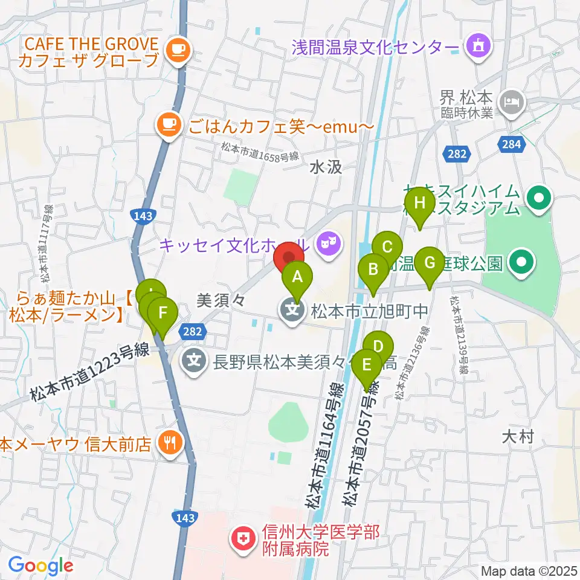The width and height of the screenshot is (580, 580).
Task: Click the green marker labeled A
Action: (297, 277)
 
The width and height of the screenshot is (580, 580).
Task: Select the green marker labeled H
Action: (420, 202)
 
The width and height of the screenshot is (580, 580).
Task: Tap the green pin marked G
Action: (430, 263)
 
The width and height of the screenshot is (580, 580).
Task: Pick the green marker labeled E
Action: (366, 365)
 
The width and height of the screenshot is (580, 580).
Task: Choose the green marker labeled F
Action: (161, 313)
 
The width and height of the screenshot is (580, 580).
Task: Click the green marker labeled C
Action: (387, 246)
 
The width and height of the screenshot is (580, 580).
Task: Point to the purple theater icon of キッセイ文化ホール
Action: (329, 245)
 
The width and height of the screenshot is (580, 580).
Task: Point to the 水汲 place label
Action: (326, 169)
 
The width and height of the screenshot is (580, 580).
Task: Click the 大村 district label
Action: (518, 437)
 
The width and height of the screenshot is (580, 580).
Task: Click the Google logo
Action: (40, 565)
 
